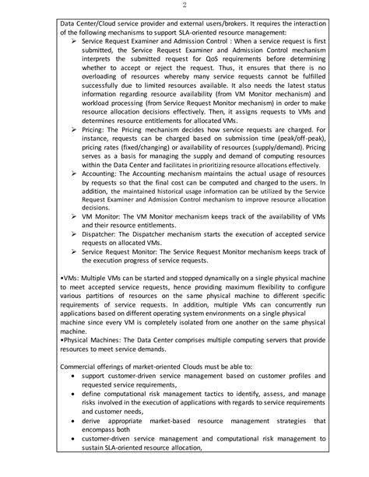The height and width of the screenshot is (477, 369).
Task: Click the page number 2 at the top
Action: point(184,7)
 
